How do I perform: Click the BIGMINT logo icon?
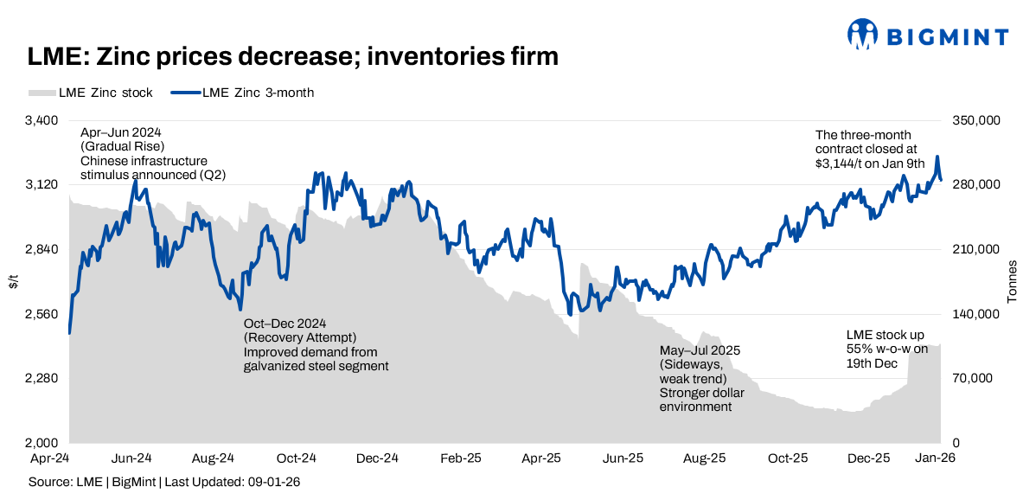(x=863, y=35)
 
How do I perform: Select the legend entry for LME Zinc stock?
(x=91, y=93)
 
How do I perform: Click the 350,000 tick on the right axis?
(x=975, y=120)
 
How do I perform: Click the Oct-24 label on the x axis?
(x=295, y=457)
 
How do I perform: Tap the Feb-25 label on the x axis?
(x=459, y=457)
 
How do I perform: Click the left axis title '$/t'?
(x=14, y=282)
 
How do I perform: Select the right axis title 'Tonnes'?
(x=1011, y=282)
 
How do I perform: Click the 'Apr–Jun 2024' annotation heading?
(x=121, y=133)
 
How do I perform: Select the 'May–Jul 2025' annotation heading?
(x=700, y=350)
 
